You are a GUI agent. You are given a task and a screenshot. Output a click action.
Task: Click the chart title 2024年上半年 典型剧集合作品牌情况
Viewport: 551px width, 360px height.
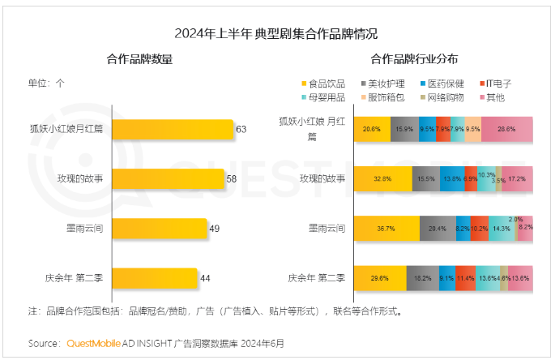[276, 34]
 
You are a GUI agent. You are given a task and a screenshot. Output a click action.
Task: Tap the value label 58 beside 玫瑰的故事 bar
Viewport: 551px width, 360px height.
[231, 178]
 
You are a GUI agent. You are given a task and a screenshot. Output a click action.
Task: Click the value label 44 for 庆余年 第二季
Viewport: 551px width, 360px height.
[205, 278]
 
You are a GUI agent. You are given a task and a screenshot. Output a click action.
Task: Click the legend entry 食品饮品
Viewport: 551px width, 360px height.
[327, 83]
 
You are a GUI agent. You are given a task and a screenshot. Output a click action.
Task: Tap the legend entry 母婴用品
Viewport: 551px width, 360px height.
[327, 97]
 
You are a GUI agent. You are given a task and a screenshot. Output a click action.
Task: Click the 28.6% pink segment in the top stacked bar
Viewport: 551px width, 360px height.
[507, 128]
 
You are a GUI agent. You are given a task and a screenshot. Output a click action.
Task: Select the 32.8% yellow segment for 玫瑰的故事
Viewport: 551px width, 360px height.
[384, 178]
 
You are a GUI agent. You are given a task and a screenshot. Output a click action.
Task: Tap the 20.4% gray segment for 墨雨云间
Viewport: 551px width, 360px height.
[438, 228]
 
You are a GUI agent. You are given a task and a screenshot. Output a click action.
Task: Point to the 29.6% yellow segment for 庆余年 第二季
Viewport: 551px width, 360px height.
[381, 278]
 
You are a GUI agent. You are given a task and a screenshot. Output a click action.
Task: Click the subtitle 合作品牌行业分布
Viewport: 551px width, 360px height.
[413, 58]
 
